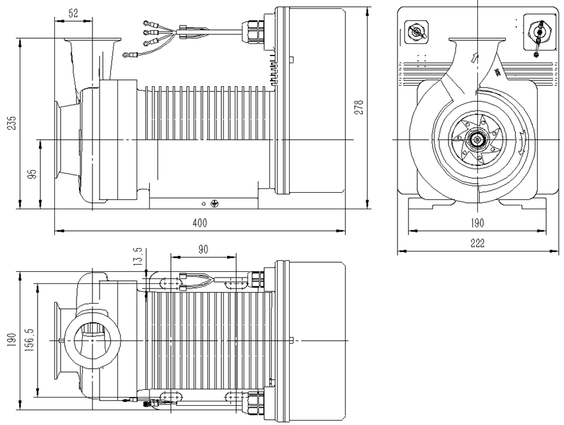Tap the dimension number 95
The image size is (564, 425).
33,174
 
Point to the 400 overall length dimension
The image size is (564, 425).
200,223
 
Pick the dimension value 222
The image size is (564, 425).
477,243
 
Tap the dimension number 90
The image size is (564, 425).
203,250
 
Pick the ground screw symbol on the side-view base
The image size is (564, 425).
214,204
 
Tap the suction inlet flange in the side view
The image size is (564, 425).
59,139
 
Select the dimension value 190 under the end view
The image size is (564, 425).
477,223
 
